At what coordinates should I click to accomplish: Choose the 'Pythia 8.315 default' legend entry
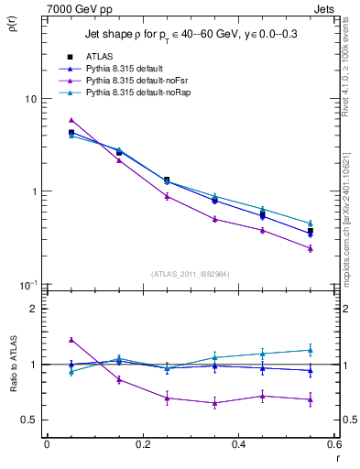coord(126,69)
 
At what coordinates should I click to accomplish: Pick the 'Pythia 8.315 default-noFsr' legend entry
coord(135,81)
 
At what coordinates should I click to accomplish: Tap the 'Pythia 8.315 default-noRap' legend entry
coord(136,93)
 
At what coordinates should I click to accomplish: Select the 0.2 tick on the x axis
coord(142,444)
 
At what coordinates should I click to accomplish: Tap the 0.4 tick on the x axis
coord(238,444)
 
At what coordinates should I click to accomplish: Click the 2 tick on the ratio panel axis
coord(34,309)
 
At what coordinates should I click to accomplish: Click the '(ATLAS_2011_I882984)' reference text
coord(191,274)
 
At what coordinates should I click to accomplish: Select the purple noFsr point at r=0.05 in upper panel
coord(71,120)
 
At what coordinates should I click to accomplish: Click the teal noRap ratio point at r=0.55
coord(311,350)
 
